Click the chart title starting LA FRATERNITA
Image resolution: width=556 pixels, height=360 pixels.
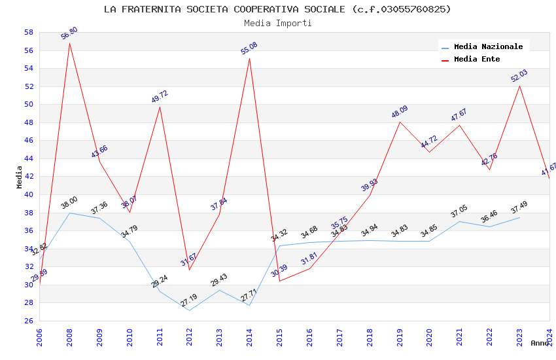tap(277, 9)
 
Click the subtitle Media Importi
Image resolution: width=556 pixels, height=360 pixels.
tap(277, 23)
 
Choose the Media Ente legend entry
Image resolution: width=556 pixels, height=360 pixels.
tap(477, 59)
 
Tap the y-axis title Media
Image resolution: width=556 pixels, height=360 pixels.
tap(19, 177)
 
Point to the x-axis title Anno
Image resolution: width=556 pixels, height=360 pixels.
tap(540, 343)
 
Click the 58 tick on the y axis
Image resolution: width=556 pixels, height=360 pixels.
tap(28, 32)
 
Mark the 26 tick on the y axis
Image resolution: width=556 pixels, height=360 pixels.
tap(28, 321)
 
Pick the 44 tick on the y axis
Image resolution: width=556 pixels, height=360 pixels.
tap(28, 158)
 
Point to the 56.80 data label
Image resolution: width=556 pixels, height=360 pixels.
tap(69, 33)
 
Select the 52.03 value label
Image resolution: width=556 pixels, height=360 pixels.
tap(519, 76)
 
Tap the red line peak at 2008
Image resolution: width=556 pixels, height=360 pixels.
tap(69, 43)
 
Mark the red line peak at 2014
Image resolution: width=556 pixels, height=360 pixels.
tap(249, 58)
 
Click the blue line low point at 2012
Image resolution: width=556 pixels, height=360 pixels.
tap(189, 310)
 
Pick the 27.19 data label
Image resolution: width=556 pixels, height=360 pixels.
tap(189, 301)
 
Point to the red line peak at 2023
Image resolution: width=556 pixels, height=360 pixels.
tap(519, 86)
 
